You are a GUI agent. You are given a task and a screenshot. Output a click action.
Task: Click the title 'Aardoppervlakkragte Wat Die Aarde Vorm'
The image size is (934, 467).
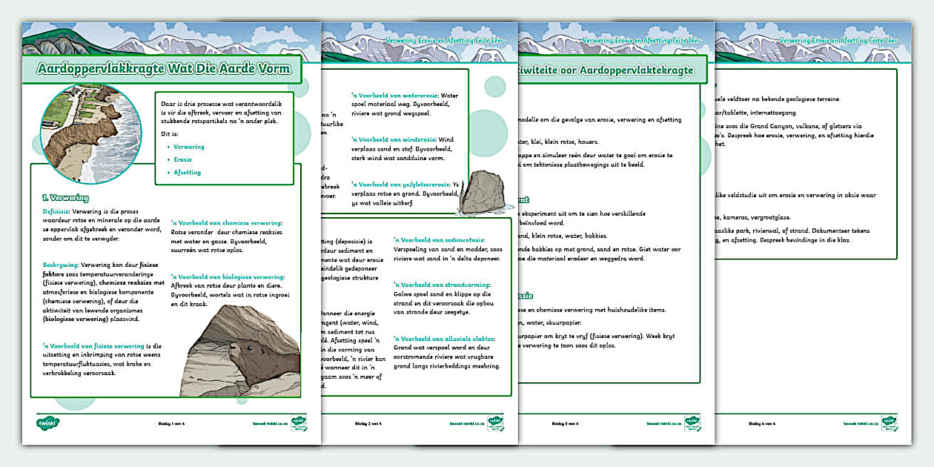point(165,70)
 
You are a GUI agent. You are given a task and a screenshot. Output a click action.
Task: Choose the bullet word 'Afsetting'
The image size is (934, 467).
point(188,172)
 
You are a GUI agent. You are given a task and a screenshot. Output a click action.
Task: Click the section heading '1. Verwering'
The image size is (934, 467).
point(65,198)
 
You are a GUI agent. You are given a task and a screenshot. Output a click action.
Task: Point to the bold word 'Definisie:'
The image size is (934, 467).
point(56,211)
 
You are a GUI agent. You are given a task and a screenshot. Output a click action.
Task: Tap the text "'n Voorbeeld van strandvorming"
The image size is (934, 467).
point(443,285)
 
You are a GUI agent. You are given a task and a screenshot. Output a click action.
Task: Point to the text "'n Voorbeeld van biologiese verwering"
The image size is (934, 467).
point(228,276)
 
